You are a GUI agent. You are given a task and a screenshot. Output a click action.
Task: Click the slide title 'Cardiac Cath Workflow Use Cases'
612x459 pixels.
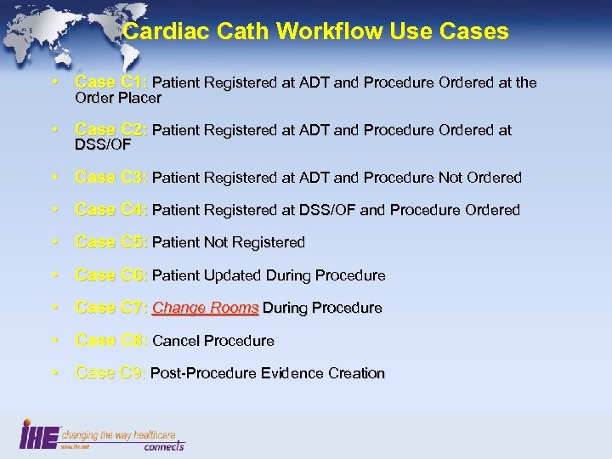(x=315, y=32)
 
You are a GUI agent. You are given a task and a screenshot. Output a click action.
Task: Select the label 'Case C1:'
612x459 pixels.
(x=111, y=82)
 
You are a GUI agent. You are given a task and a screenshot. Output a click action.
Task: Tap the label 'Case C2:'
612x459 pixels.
(x=111, y=130)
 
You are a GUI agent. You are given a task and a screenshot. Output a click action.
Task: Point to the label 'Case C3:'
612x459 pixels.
(x=111, y=178)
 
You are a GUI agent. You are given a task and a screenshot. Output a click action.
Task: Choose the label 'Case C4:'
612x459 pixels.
(x=111, y=210)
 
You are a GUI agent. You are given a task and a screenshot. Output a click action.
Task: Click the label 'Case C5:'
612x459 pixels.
(x=111, y=242)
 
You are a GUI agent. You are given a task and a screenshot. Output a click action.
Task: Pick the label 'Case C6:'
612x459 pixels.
(x=111, y=275)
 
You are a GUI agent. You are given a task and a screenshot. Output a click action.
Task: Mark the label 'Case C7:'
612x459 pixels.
(x=111, y=308)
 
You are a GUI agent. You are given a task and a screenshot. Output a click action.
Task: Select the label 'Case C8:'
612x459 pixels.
(x=111, y=341)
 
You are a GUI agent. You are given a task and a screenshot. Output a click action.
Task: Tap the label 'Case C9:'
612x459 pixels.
(x=111, y=373)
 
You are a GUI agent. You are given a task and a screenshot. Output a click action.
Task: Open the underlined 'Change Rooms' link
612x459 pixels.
(x=205, y=308)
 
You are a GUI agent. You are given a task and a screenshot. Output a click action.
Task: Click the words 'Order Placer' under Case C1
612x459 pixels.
(x=118, y=98)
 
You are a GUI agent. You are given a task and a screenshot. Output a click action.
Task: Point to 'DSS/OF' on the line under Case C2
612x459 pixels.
(x=103, y=145)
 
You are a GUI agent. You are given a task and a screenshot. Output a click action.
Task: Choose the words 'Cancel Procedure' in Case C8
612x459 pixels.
(x=212, y=341)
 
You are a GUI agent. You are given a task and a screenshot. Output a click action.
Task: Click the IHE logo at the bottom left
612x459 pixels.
(x=38, y=434)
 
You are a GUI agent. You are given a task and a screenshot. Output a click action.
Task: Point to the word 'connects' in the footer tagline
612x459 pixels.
(x=163, y=446)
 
